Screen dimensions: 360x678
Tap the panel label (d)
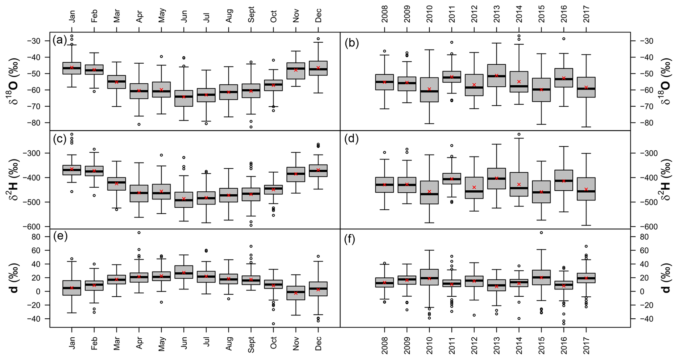352,139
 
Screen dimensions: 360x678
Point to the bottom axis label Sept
251,343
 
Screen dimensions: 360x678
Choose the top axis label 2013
496,14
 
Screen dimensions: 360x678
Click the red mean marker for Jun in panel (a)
184,97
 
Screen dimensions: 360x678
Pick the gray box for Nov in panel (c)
296,174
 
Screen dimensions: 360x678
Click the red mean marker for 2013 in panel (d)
497,178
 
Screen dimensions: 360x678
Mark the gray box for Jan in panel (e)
72,288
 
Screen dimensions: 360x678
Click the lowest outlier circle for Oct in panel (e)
273,324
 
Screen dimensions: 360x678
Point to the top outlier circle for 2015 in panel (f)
541,233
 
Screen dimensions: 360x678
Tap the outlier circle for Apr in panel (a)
139,124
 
